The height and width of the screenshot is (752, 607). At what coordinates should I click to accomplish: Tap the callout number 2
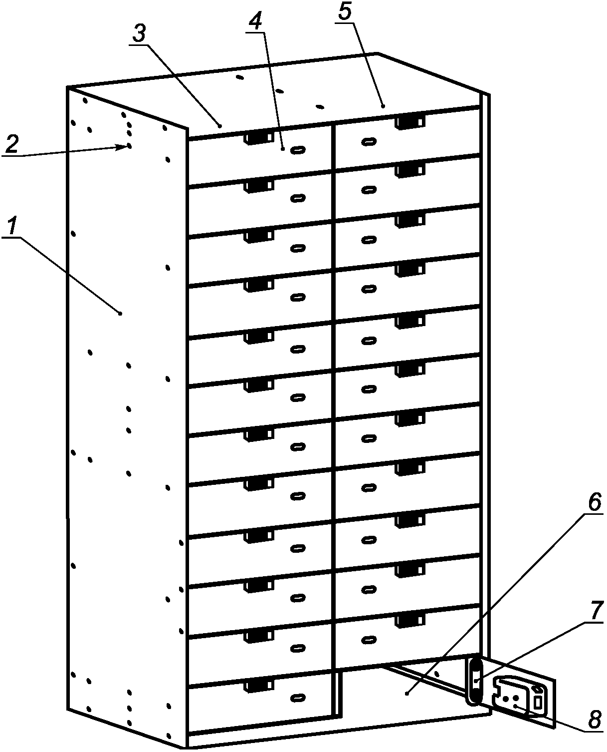[x=12, y=144]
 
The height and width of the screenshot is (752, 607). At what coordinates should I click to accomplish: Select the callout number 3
[x=139, y=34]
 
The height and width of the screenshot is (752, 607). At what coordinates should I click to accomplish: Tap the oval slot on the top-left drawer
[x=298, y=149]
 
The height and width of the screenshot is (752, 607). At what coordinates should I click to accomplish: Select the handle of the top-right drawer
[x=410, y=122]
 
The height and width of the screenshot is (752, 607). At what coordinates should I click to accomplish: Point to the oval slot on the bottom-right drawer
[x=369, y=639]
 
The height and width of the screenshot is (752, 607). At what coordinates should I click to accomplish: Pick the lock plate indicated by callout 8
[x=519, y=699]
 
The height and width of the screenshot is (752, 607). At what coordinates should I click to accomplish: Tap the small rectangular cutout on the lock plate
[x=538, y=702]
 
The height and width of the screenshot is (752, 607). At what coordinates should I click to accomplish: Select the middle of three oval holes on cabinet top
[x=280, y=91]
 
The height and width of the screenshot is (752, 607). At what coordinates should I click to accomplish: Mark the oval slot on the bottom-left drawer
[x=298, y=697]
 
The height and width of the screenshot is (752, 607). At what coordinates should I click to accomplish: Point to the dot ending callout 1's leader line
[x=120, y=313]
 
